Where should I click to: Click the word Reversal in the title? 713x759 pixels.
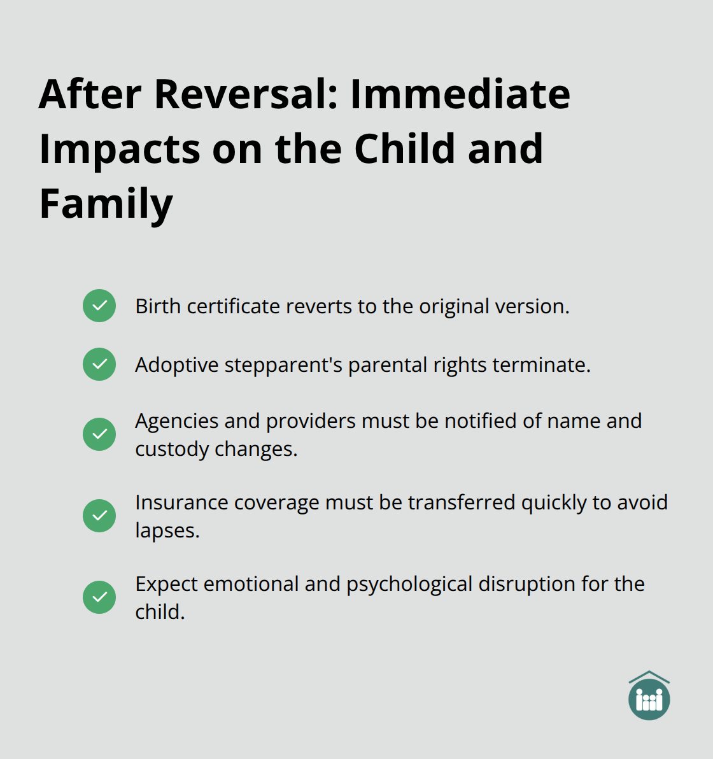click(245, 94)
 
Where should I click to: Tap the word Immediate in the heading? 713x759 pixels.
click(460, 94)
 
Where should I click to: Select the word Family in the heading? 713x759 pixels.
click(106, 204)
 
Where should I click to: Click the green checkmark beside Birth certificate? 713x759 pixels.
click(99, 306)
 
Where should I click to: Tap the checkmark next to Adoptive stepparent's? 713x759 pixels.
click(99, 364)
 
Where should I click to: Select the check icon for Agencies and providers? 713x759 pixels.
click(99, 434)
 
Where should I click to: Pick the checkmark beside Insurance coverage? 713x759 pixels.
click(99, 516)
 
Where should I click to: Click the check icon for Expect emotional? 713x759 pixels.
click(99, 597)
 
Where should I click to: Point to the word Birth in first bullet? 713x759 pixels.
click(158, 306)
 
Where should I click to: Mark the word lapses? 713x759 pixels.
click(167, 531)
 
